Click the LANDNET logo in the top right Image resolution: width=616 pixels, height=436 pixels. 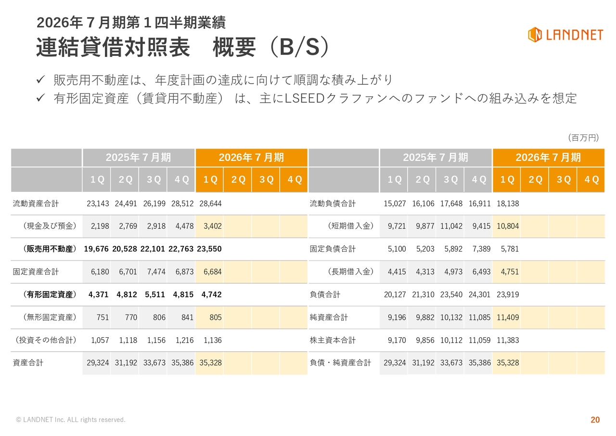[565, 35]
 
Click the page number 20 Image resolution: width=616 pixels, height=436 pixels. [595, 420]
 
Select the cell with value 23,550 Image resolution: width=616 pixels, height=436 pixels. [209, 249]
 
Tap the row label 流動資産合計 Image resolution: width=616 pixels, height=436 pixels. [36, 204]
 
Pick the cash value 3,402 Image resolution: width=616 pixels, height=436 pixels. [212, 226]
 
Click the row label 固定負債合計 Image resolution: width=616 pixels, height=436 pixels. [333, 249]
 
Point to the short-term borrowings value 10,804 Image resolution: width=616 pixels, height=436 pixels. [508, 226]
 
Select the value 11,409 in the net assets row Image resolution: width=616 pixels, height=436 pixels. [508, 317]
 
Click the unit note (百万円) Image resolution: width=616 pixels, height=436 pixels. [583, 138]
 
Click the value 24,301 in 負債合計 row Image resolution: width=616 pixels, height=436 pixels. [479, 295]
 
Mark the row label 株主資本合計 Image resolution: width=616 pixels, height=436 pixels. [333, 341]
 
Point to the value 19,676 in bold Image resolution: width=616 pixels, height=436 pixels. [96, 249]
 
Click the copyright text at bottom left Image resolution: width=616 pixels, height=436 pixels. [71, 420]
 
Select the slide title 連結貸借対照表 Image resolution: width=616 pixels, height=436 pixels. [114, 48]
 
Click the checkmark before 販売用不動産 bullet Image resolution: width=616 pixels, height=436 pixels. [41, 79]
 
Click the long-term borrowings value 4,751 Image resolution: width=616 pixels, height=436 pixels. [510, 272]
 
